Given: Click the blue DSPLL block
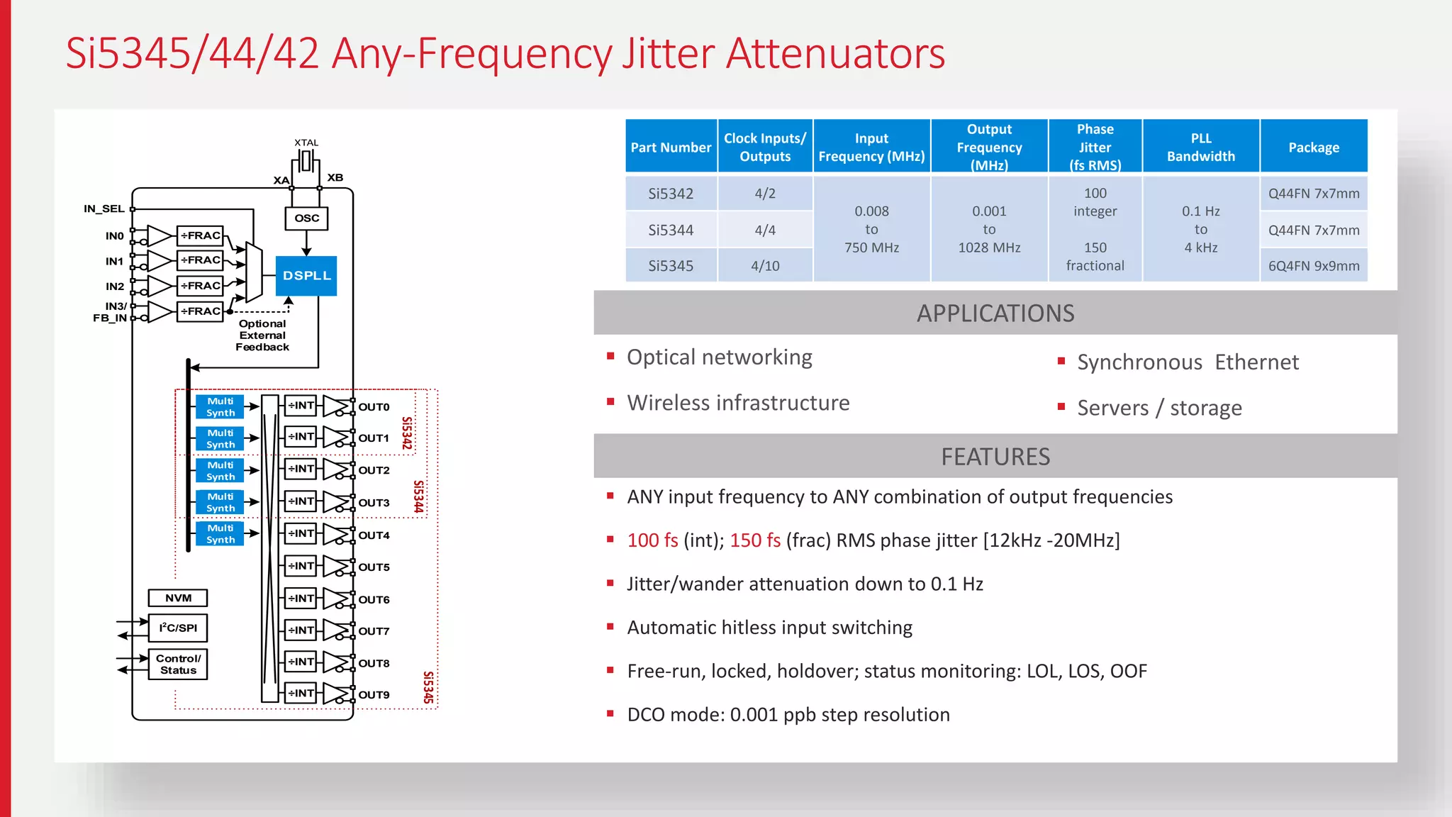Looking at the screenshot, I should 306,276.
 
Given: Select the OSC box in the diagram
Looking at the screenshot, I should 306,218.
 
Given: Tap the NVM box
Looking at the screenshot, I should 178,598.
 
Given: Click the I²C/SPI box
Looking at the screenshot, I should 178,628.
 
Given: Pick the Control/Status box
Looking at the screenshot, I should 178,665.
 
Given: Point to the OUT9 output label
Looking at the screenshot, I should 374,695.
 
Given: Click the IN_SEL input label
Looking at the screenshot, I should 104,209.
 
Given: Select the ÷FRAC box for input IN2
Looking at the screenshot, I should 200,286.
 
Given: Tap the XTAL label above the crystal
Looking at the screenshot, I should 306,143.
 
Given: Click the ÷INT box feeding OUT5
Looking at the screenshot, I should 301,566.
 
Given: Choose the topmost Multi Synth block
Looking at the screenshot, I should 220,407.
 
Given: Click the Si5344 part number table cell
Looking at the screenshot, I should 671,230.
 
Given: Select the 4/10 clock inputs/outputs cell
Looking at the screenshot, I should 765,266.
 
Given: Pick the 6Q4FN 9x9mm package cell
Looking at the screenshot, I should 1314,266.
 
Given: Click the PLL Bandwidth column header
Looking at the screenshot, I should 1200,148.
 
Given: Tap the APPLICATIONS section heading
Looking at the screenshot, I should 995,313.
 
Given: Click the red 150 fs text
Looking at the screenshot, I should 755,540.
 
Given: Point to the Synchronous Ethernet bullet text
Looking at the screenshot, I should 1188,362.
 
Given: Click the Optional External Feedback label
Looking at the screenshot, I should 262,335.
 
